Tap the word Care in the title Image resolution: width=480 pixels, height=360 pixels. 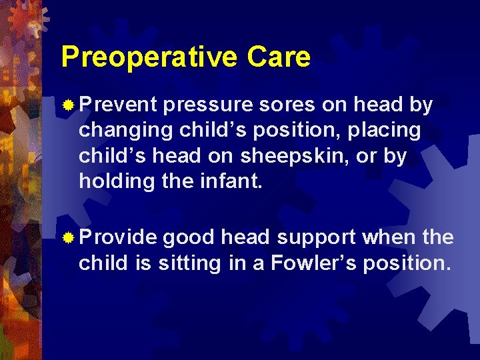point(279,57)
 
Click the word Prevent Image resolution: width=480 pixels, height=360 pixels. point(118,105)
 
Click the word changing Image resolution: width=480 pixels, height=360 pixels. point(125,131)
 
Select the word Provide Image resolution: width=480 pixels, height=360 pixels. point(118,237)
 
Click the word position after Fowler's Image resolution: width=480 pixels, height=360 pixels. point(409,263)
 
